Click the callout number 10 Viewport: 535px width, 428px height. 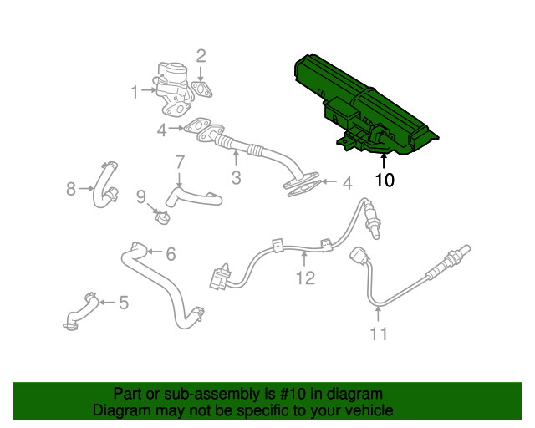click(385, 180)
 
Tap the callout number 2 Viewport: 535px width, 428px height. click(201, 56)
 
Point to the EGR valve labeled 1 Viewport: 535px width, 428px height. click(172, 89)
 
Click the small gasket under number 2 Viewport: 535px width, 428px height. click(201, 89)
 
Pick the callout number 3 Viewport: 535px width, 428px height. click(236, 178)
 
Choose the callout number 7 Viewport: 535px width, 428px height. click(180, 162)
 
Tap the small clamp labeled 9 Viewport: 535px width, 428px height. click(162, 217)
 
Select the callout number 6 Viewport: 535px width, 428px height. click(171, 254)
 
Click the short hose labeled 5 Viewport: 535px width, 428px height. click(81, 311)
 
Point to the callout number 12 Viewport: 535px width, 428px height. click(305, 278)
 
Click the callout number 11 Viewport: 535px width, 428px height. click(379, 334)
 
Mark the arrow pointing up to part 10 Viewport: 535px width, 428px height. click(384, 161)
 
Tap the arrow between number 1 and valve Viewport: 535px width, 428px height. click(149, 90)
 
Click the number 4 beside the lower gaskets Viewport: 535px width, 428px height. click(347, 183)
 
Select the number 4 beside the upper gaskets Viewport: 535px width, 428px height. click(161, 130)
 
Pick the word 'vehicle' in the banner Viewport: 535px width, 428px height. click(369, 410)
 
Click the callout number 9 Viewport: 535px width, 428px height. click(141, 197)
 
